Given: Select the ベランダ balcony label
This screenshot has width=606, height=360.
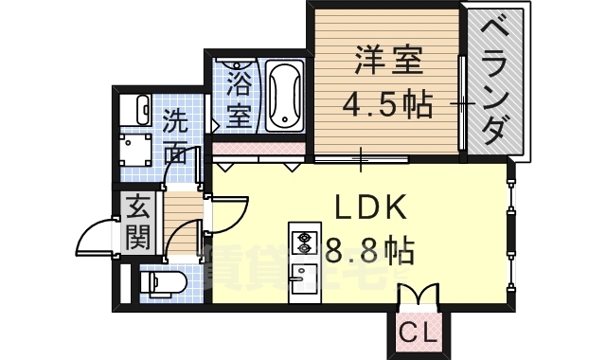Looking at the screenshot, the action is coord(497,81).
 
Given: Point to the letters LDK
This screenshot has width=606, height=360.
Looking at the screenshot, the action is coord(369,208).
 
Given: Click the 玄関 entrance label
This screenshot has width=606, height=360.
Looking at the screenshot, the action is coord(138,220).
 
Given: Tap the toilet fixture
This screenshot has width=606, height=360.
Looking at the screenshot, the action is coord(160,281).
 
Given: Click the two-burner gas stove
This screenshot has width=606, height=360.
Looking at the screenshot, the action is coord(305,243).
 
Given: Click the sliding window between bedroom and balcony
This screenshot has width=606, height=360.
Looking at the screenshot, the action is coord(461,102).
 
